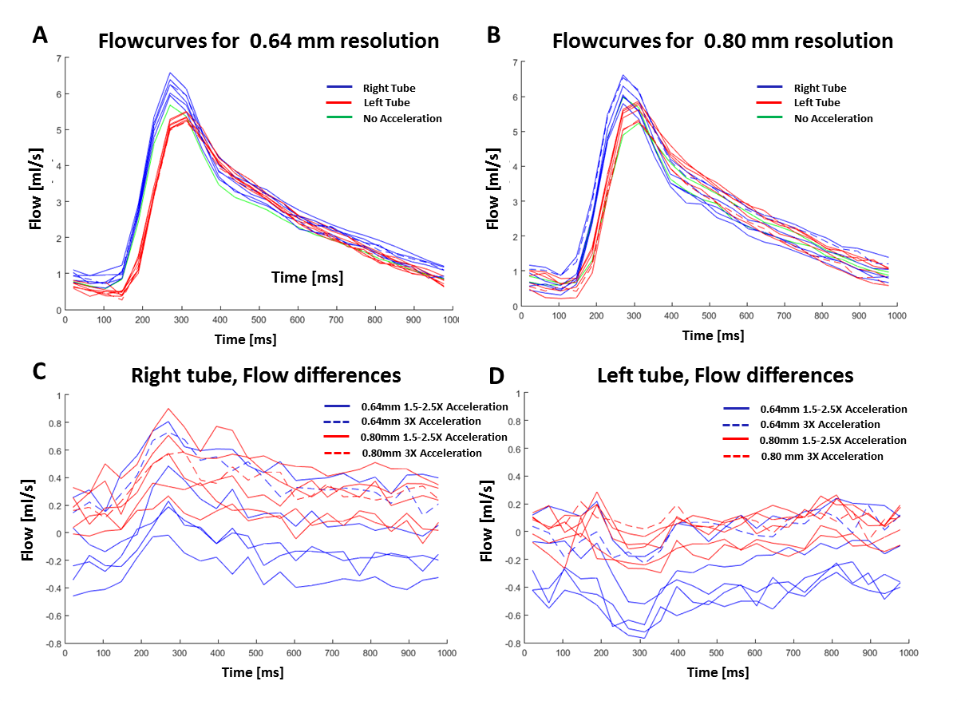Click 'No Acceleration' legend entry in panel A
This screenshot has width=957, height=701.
pos(402,118)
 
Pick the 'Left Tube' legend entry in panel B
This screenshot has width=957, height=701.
pos(817,102)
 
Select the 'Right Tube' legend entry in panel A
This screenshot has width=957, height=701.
pos(389,88)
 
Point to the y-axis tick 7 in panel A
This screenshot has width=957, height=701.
pos(58,58)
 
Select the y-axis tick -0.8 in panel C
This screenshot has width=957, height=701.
pos(52,643)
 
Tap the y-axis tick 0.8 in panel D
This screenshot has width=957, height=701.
pos(512,421)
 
